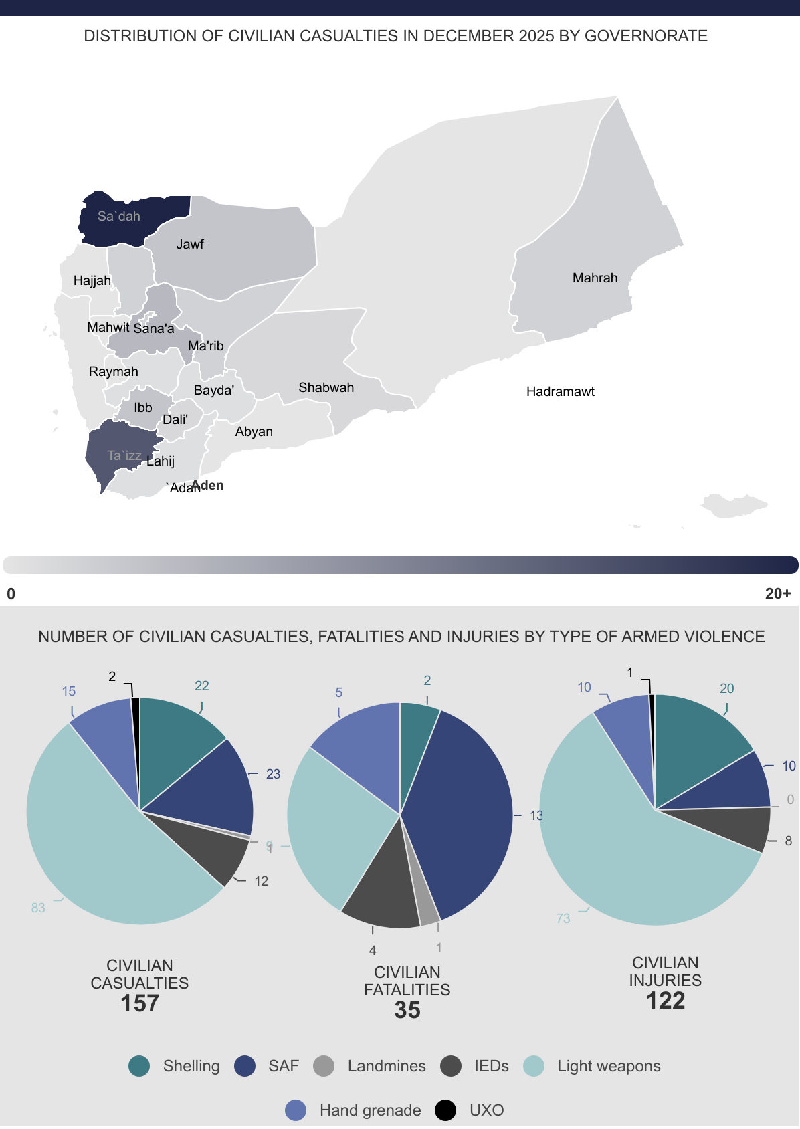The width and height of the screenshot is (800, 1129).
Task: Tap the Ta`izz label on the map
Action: click(124, 456)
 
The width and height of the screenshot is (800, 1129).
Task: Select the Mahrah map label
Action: click(595, 278)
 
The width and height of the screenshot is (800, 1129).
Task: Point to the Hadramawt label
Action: click(560, 392)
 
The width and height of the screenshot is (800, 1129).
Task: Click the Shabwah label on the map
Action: click(326, 388)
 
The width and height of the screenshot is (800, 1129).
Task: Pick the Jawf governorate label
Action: click(190, 245)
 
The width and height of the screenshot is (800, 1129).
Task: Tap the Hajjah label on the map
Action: click(92, 281)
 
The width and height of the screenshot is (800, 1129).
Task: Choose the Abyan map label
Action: click(254, 432)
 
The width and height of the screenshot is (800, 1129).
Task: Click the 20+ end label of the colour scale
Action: click(777, 594)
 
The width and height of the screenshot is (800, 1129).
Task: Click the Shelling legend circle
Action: click(139, 1066)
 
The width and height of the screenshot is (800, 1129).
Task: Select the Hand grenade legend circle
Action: click(296, 1110)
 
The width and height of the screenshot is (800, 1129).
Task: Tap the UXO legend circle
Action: click(445, 1110)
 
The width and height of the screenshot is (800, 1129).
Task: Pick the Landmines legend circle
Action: click(324, 1066)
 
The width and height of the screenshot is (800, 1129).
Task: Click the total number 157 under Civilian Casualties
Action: click(140, 1003)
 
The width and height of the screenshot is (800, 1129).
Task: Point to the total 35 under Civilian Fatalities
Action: click(407, 1010)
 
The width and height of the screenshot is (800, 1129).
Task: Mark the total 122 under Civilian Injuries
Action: click(665, 1001)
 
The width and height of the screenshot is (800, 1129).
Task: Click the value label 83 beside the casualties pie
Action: click(38, 908)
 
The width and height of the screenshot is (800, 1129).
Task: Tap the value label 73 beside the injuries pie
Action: click(563, 918)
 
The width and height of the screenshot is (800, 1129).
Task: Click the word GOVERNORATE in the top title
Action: click(646, 36)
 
